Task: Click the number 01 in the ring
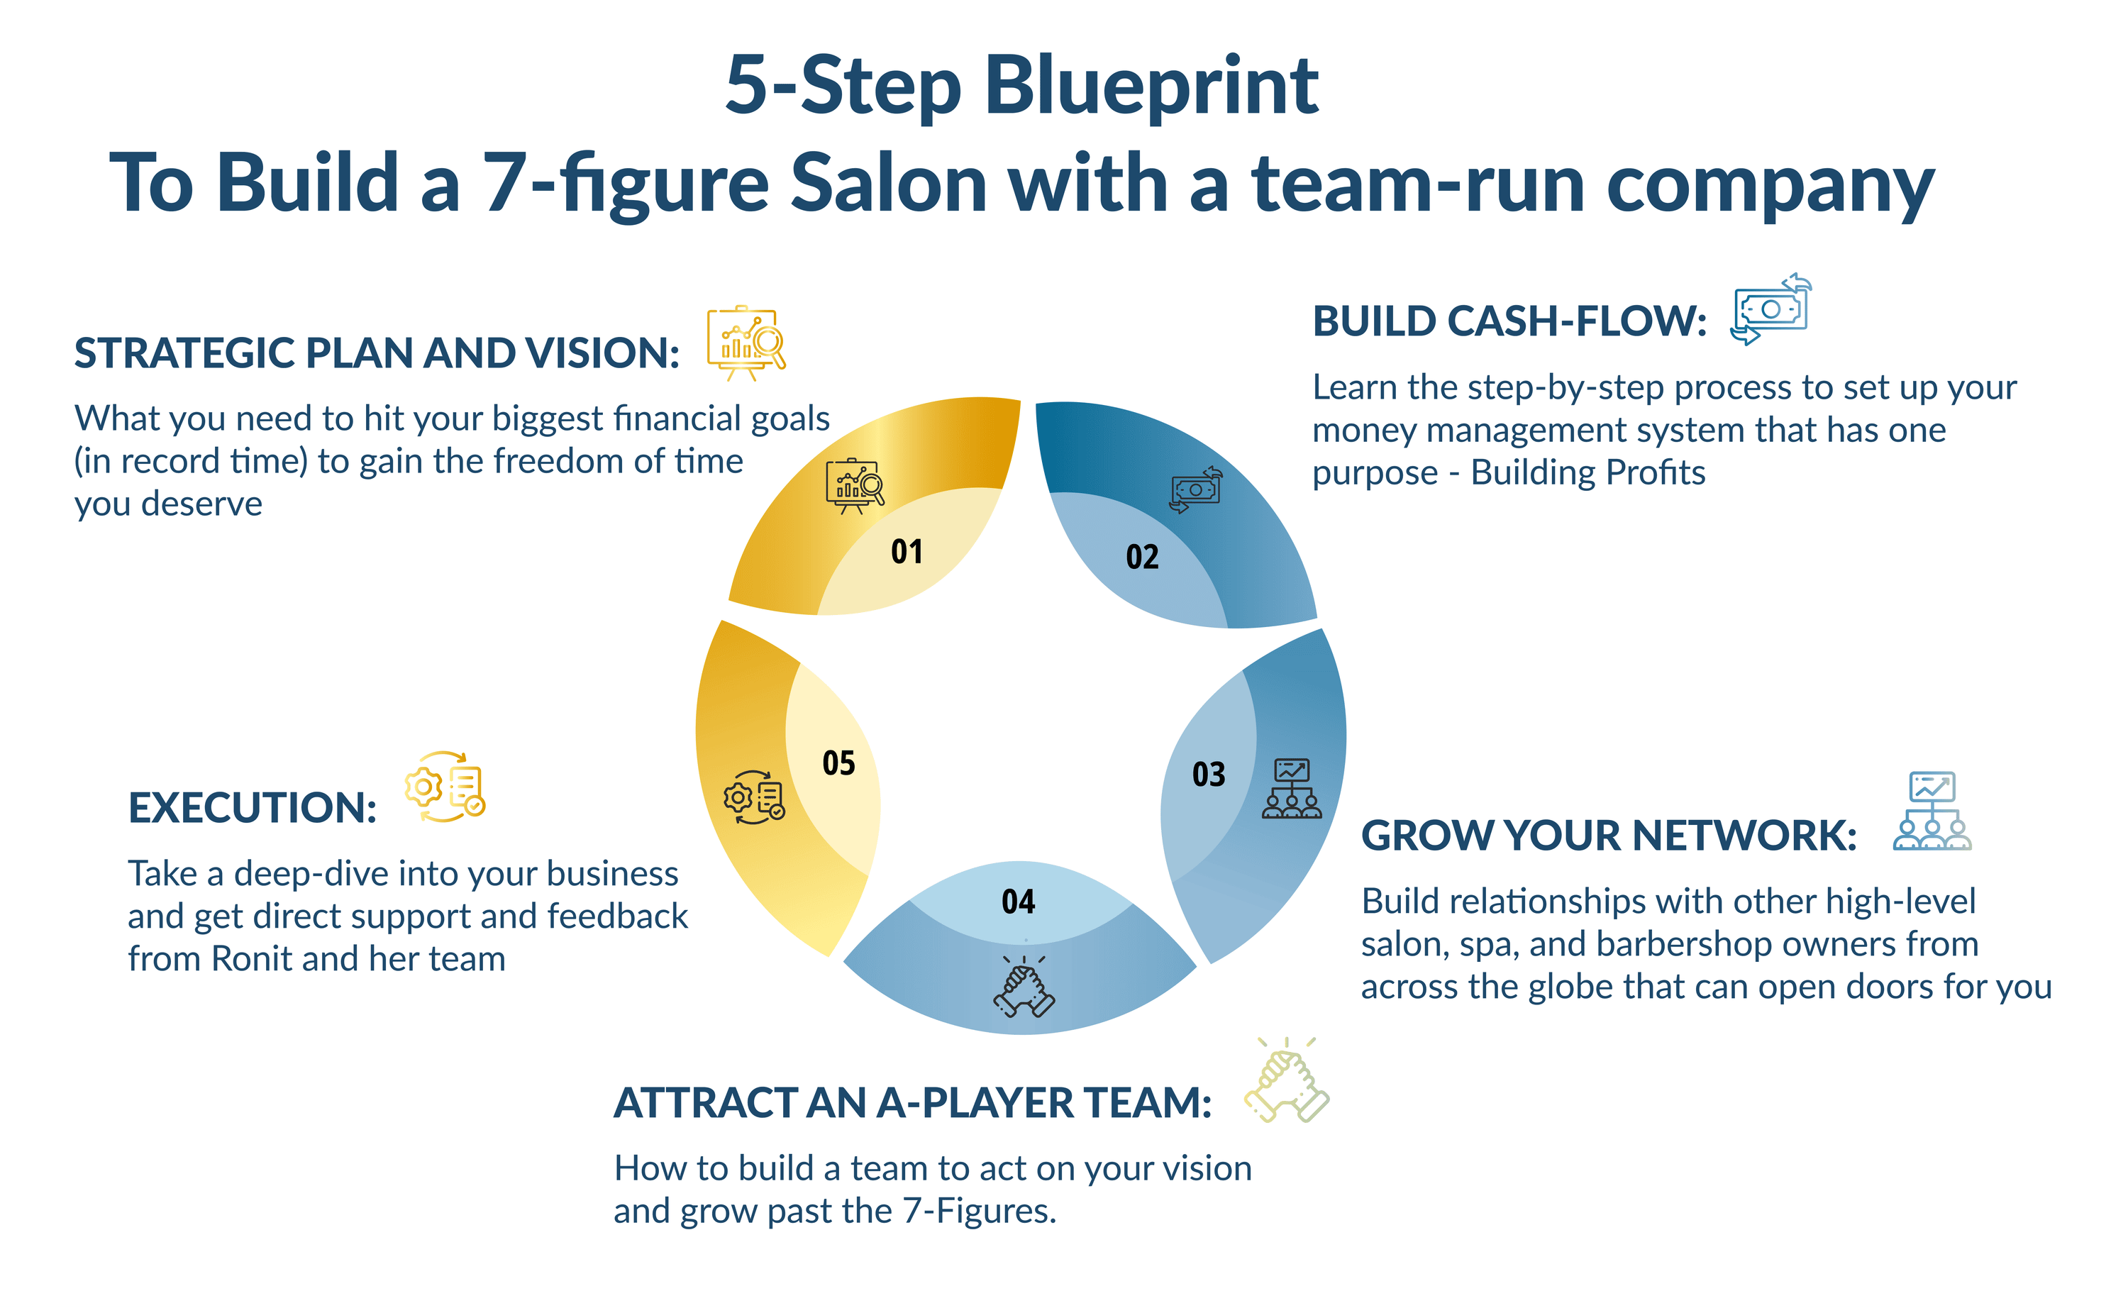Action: (x=907, y=552)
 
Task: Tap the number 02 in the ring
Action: (x=1142, y=557)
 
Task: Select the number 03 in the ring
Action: (x=1209, y=775)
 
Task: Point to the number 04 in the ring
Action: (x=1018, y=902)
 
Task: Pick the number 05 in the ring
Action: (x=838, y=763)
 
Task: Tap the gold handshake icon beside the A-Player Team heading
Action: (x=1286, y=1080)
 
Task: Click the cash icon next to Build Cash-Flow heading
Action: (x=1770, y=310)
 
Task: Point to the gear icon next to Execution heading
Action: (x=445, y=787)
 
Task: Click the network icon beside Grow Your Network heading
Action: (x=1932, y=811)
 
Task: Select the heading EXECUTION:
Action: (x=253, y=808)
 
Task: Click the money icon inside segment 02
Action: (x=1195, y=489)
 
